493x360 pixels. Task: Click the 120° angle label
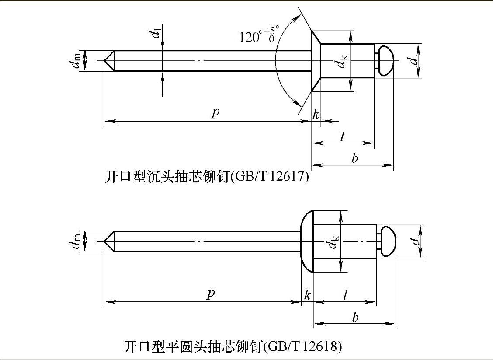[259, 34]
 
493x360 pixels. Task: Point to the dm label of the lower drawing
[76, 241]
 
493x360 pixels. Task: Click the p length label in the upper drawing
[215, 112]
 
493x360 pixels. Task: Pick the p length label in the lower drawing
[211, 293]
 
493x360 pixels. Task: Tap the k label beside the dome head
[307, 295]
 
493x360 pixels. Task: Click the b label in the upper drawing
[354, 157]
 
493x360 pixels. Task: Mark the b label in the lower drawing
[355, 317]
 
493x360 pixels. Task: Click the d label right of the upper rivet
[415, 60]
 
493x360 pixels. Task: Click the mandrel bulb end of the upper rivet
[386, 61]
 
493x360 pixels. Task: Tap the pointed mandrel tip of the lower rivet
[104, 241]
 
